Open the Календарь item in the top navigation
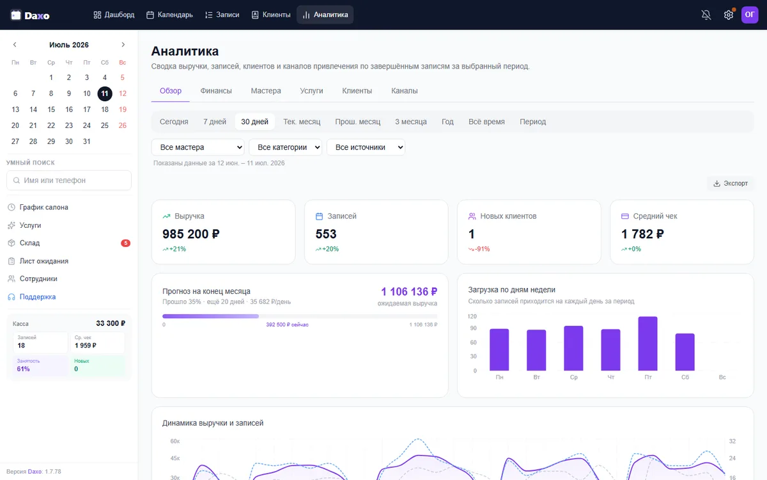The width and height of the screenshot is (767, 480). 169,15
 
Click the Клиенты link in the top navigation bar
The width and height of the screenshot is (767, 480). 271,15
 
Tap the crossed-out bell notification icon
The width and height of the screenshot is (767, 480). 706,15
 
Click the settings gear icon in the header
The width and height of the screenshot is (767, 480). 728,15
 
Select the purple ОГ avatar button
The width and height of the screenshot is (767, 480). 750,15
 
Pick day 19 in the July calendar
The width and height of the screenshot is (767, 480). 123,109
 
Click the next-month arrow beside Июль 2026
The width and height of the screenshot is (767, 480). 123,45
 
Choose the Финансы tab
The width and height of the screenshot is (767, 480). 216,91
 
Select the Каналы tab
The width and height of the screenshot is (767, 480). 405,91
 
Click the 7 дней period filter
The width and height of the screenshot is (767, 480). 215,122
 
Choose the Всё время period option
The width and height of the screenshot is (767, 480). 486,122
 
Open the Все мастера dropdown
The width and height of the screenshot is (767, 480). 198,147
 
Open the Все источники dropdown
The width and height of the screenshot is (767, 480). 366,147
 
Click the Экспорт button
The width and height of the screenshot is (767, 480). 731,184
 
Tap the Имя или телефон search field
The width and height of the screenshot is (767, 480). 69,180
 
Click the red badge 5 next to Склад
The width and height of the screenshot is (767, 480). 126,243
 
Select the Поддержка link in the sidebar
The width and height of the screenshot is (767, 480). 37,297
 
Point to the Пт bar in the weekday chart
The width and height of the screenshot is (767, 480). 648,344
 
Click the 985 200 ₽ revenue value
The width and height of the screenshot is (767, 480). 190,234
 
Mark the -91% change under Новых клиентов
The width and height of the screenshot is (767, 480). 479,249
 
